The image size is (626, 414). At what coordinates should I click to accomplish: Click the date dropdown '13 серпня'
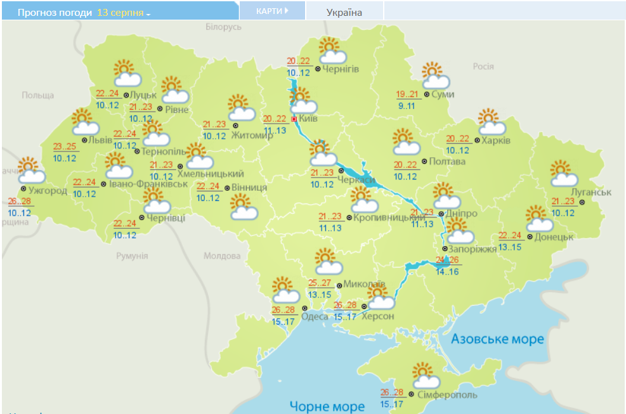(x=123, y=13)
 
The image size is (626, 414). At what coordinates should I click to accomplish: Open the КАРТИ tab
(x=271, y=11)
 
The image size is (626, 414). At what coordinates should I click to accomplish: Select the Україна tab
(x=344, y=12)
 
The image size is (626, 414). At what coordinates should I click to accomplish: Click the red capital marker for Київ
(x=294, y=119)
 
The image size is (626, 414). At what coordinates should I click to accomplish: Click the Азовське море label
(x=497, y=339)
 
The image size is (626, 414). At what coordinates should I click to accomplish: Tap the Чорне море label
(x=327, y=406)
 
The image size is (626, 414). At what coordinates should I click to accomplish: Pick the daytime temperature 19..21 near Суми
(x=407, y=94)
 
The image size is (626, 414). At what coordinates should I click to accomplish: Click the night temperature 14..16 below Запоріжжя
(x=447, y=271)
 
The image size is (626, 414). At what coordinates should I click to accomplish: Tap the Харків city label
(x=495, y=140)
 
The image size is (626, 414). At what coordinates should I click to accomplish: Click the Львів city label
(x=101, y=139)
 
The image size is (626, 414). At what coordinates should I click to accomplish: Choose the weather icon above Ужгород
(x=30, y=171)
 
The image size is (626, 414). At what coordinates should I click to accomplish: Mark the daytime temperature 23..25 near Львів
(x=64, y=146)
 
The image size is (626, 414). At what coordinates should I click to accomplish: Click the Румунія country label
(x=132, y=256)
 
